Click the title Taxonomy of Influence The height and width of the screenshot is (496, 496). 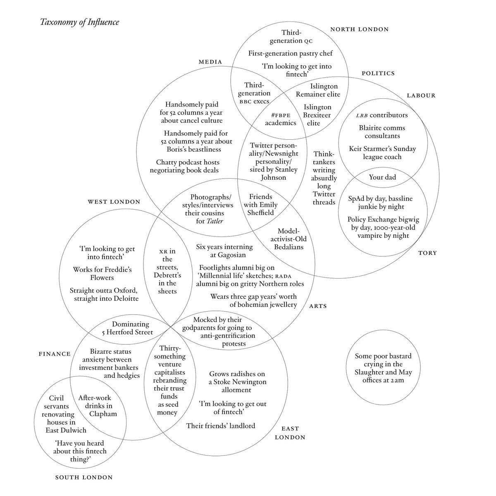tap(79, 22)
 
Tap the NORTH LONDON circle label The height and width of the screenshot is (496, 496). tap(360, 29)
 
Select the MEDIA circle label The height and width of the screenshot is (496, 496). tap(210, 62)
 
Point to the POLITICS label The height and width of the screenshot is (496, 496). tap(378, 73)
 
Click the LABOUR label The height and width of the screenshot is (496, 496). tap(421, 95)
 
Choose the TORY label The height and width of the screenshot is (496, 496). tap(427, 253)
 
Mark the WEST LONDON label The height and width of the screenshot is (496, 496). tap(114, 202)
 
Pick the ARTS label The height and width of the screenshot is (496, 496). tap(318, 306)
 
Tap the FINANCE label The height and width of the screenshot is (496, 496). tap(55, 354)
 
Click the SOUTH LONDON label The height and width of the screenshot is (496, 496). tap(84, 477)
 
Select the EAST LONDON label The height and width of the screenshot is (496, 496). tap(290, 433)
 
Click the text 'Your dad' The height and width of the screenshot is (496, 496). tap(382, 177)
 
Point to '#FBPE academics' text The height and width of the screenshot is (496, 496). tap(281, 119)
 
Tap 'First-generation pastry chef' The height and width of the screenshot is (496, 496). tap(290, 53)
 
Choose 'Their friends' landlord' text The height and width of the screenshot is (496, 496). tap(221, 425)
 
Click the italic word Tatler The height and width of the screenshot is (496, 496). tap(215, 221)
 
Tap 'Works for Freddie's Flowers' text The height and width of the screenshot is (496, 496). tap(103, 274)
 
